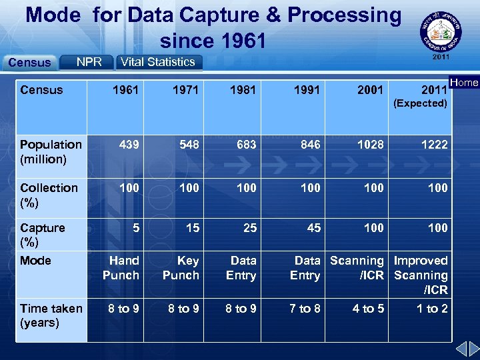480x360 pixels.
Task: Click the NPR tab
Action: pyautogui.click(x=89, y=62)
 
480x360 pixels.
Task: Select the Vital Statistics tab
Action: pyautogui.click(x=158, y=62)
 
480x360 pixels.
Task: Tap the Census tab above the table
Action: pyautogui.click(x=29, y=63)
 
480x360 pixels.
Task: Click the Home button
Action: pyautogui.click(x=465, y=83)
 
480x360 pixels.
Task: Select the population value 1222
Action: pyautogui.click(x=434, y=145)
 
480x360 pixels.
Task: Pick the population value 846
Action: pyautogui.click(x=310, y=145)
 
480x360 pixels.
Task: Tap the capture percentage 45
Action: pyautogui.click(x=313, y=228)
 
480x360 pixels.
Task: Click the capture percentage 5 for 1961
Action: pyautogui.click(x=135, y=228)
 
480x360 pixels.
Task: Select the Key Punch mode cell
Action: pyautogui.click(x=181, y=268)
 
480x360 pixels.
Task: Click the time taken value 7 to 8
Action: pyautogui.click(x=305, y=309)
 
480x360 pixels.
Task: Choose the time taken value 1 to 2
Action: pyautogui.click(x=432, y=309)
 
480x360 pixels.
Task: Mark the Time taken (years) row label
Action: pyautogui.click(x=51, y=315)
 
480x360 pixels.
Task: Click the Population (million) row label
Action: pyautogui.click(x=51, y=152)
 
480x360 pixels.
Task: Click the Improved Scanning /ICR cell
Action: pyautogui.click(x=421, y=275)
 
